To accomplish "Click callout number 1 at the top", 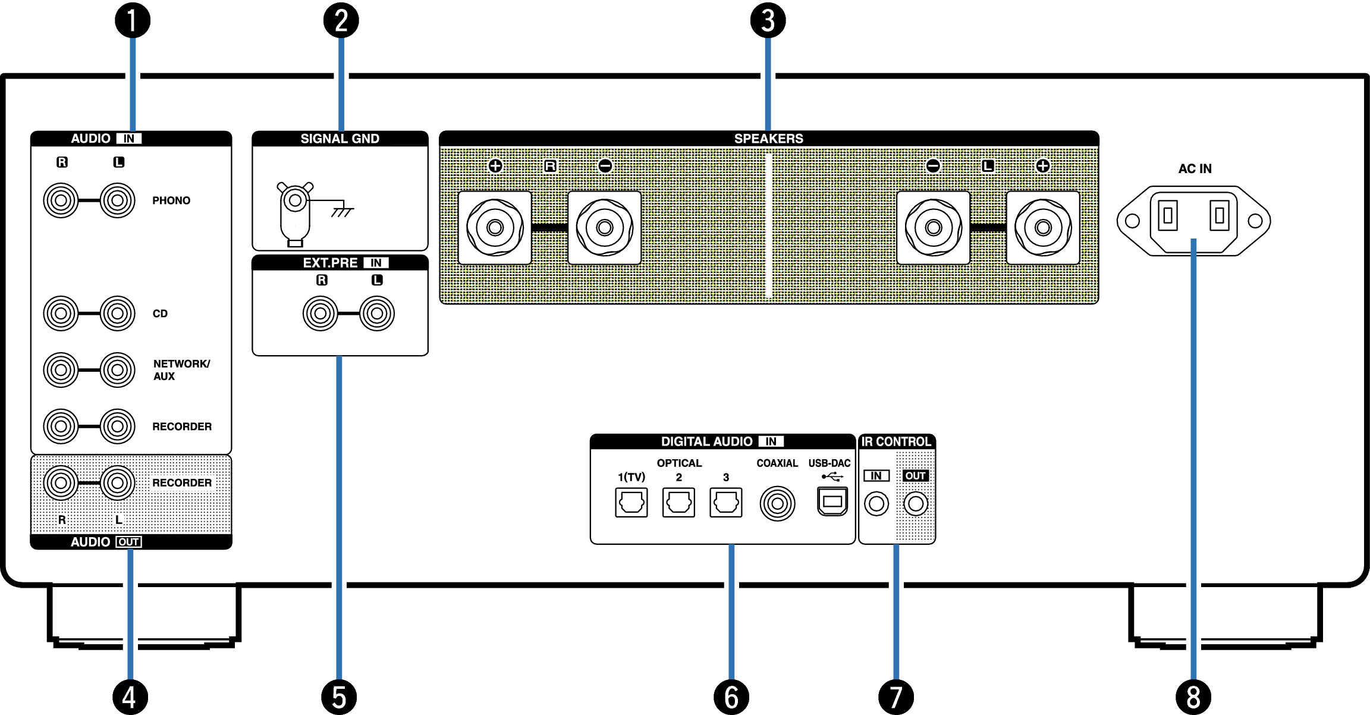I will tap(132, 20).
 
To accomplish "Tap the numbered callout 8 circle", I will tap(1193, 697).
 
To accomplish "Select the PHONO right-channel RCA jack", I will tap(61, 200).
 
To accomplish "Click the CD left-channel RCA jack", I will tap(118, 313).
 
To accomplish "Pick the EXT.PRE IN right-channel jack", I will tap(320, 313).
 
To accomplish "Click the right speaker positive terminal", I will tap(495, 227).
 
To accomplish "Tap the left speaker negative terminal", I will tap(933, 227).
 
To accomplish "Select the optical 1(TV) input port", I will tap(631, 503).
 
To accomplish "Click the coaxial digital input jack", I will tap(777, 503).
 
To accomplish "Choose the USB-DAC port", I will tap(832, 501).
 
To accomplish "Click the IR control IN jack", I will tap(876, 504).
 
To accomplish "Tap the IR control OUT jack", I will tap(916, 504).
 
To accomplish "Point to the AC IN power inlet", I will tap(1193, 220).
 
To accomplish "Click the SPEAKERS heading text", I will tap(768, 139).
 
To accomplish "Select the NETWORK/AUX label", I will tap(181, 369).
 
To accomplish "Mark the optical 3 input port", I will tap(725, 503).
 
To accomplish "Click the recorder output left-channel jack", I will tap(118, 482).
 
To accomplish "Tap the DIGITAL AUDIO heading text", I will tap(706, 441).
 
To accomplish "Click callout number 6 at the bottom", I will tap(731, 697).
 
